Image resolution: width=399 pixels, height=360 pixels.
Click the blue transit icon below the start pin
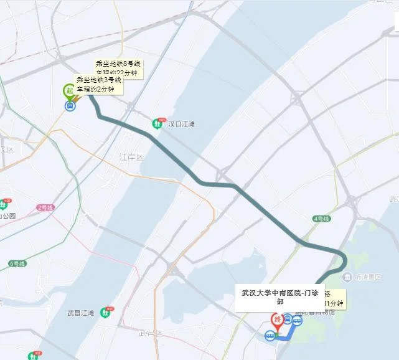pyautogui.click(x=70, y=106)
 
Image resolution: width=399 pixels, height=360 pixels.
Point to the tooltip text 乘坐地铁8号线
pyautogui.click(x=119, y=64)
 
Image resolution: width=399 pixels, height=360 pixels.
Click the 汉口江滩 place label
pyautogui.click(x=181, y=124)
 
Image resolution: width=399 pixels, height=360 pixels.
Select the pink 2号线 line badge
pyautogui.click(x=46, y=207)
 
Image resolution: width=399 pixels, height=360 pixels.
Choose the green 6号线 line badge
pyautogui.click(x=17, y=263)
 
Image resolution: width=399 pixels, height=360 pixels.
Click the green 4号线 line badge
pyautogui.click(x=321, y=219)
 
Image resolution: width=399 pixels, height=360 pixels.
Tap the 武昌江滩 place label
pyautogui.click(x=82, y=313)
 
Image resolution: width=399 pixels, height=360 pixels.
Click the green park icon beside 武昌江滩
pyautogui.click(x=110, y=312)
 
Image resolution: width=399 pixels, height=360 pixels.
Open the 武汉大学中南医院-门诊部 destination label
pyautogui.click(x=279, y=296)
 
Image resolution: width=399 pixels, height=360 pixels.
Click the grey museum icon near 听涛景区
pyautogui.click(x=346, y=277)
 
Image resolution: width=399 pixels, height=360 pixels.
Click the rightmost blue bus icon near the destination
pyautogui.click(x=297, y=321)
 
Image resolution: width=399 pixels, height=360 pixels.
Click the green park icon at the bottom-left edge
pyautogui.click(x=32, y=356)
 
